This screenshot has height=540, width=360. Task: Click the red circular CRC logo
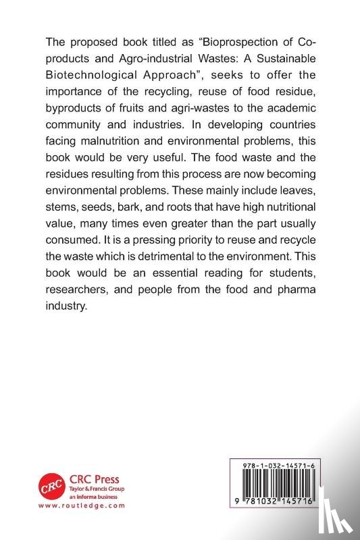(x=51, y=489)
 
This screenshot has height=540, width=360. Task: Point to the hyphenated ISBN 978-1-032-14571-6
(x=277, y=466)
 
